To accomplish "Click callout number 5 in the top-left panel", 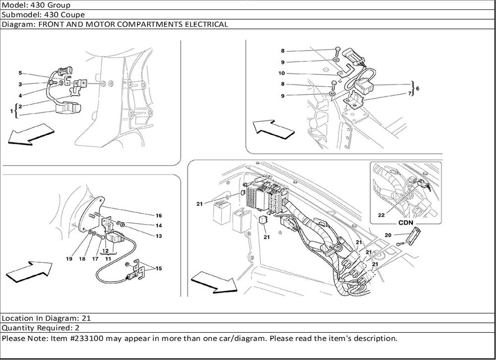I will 20,73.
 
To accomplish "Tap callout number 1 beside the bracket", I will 11,112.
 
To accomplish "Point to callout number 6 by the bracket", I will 418,88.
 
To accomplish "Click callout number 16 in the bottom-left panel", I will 159,216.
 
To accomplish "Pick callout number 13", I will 159,236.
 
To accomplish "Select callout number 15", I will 159,268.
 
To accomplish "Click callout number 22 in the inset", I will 381,215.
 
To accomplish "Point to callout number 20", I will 388,236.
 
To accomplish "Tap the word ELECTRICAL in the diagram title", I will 204,24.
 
